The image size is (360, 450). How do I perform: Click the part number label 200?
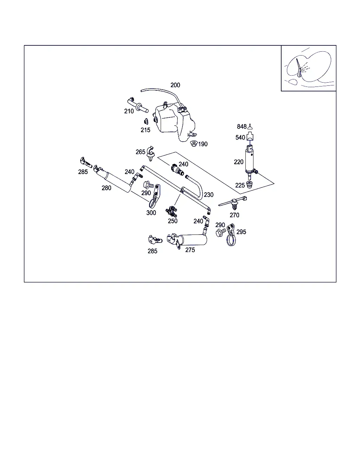tap(175, 85)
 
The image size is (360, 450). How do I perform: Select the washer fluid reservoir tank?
tap(175, 122)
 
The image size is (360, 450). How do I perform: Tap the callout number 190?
tap(203, 144)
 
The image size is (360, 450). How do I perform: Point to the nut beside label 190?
tap(194, 143)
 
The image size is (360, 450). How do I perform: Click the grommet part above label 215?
tap(146, 121)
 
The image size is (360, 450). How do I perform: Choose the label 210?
tap(129, 111)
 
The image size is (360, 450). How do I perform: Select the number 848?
tap(242, 127)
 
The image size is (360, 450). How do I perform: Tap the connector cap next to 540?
tap(250, 136)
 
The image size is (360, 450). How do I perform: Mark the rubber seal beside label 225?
tap(249, 185)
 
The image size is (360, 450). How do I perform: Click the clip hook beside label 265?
tap(150, 154)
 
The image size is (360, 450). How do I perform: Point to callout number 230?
tap(208, 195)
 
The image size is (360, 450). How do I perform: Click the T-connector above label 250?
tap(171, 211)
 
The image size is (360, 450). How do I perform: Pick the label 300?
tap(151, 213)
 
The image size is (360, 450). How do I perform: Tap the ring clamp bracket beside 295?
tap(231, 235)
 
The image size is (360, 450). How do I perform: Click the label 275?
tap(190, 250)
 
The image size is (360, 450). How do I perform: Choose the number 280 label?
tap(106, 188)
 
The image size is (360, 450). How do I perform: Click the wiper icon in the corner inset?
tap(299, 68)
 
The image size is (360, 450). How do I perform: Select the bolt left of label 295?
tap(220, 232)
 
